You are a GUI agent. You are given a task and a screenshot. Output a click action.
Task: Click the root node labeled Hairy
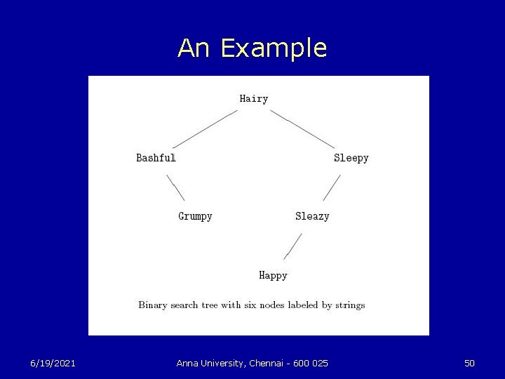[x=254, y=99]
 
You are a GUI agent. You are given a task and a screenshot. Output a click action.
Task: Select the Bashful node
[x=156, y=158]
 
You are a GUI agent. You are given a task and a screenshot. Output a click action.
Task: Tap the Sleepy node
[x=351, y=158]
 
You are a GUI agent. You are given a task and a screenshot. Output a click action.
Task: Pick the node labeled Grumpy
[x=195, y=216]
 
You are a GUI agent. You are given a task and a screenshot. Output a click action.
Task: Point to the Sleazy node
[x=312, y=216]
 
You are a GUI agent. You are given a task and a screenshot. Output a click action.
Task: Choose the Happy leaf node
[x=273, y=275]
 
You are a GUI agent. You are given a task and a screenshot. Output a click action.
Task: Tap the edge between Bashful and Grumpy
[x=175, y=187]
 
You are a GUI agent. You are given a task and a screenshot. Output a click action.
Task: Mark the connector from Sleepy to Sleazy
[x=332, y=187]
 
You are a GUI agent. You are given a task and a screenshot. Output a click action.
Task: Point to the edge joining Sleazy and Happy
[x=292, y=246]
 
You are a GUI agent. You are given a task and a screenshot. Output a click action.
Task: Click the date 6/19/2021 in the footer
[x=53, y=363]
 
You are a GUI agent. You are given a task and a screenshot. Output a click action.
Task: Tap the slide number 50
[x=469, y=363]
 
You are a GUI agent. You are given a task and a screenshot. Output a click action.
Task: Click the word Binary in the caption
[x=154, y=305]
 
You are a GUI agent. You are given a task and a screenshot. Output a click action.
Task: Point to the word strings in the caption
[x=349, y=305]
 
